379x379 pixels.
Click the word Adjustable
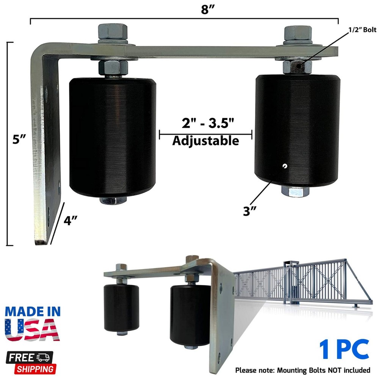coord(205,141)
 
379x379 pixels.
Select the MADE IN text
coord(33,312)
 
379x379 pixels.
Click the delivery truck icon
coord(45,357)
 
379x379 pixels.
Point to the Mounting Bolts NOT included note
coord(302,370)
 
